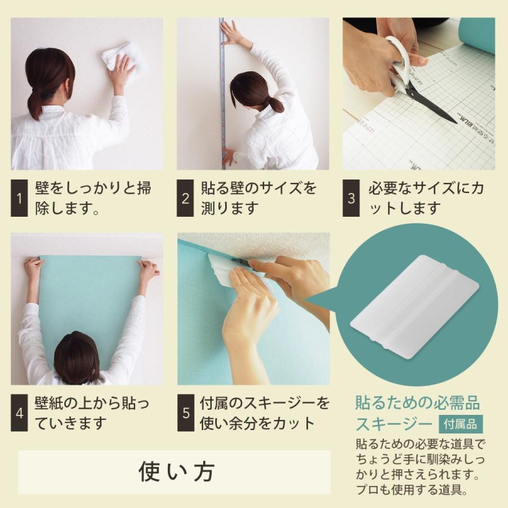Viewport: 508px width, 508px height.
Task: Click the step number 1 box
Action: tap(19, 198)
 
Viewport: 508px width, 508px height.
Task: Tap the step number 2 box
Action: tap(185, 198)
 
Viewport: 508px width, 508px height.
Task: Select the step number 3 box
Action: tap(351, 198)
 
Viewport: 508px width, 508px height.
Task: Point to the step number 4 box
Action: tap(19, 413)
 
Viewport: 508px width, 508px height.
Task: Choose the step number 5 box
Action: tap(186, 413)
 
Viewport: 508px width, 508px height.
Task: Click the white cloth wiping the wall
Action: tap(117, 58)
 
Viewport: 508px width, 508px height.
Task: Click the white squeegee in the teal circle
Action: tap(415, 306)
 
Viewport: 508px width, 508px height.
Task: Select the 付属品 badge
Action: tap(461, 424)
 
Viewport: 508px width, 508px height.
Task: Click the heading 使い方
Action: tap(177, 472)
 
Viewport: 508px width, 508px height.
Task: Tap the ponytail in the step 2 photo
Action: tap(275, 104)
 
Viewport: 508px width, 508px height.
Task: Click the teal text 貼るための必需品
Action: tap(417, 402)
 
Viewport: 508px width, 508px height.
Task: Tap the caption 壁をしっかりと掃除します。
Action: tap(93, 198)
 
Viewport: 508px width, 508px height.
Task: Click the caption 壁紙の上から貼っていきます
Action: tap(92, 413)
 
